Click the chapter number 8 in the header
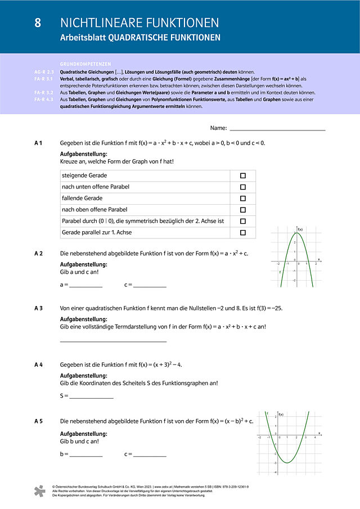pos(38,23)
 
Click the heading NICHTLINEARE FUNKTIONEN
pos(139,23)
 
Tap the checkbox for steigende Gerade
pos(243,175)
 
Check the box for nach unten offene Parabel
pos(243,187)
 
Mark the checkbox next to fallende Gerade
pos(243,199)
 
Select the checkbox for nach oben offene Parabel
pos(243,210)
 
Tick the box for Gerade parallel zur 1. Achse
pos(243,232)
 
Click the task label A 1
pos(38,143)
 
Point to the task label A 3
pos(38,308)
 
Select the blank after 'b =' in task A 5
pos(85,454)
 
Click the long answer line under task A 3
pos(113,341)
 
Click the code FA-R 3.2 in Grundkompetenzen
pos(43,92)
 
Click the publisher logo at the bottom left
pos(38,490)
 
